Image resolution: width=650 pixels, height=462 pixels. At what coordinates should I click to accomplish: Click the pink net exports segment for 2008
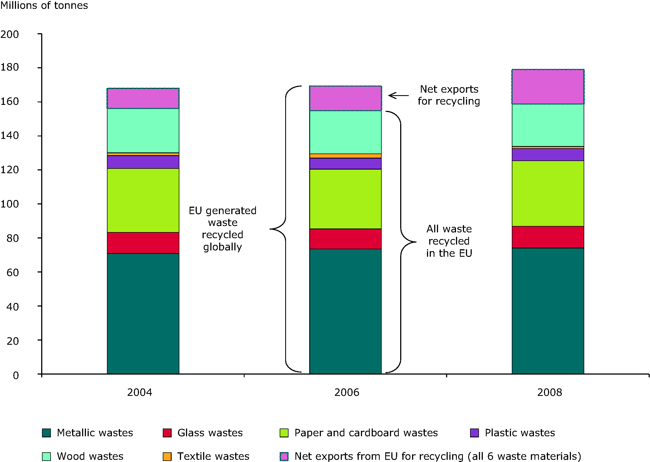click(x=548, y=87)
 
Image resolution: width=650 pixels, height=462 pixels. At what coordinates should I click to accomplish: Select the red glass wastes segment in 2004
click(x=143, y=243)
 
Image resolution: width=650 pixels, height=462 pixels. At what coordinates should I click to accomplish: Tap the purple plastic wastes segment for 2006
click(x=345, y=163)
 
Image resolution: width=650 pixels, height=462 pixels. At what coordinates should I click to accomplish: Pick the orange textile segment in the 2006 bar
click(x=345, y=156)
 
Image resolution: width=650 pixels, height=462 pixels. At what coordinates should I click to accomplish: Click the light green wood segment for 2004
click(x=143, y=131)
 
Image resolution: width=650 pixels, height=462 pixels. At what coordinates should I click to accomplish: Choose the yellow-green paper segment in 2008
click(x=548, y=193)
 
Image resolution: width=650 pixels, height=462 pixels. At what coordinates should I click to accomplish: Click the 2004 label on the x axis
click(x=140, y=393)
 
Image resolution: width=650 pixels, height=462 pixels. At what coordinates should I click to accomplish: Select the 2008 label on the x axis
click(x=549, y=393)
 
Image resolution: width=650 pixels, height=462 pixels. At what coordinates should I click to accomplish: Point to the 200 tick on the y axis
click(x=10, y=34)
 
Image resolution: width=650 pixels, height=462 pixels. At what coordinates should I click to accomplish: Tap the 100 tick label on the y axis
click(x=10, y=204)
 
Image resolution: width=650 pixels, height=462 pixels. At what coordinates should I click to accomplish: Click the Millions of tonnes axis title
click(x=44, y=6)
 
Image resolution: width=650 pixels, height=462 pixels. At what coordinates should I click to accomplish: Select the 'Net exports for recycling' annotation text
click(x=449, y=95)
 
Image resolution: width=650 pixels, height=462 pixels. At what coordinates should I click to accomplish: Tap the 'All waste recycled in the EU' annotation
click(x=449, y=241)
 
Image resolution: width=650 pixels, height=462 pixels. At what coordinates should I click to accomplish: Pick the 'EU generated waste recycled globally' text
click(x=222, y=229)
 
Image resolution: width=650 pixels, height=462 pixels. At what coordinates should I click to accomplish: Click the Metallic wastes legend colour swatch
click(x=46, y=433)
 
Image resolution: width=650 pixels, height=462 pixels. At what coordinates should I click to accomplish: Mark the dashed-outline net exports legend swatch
click(x=284, y=456)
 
